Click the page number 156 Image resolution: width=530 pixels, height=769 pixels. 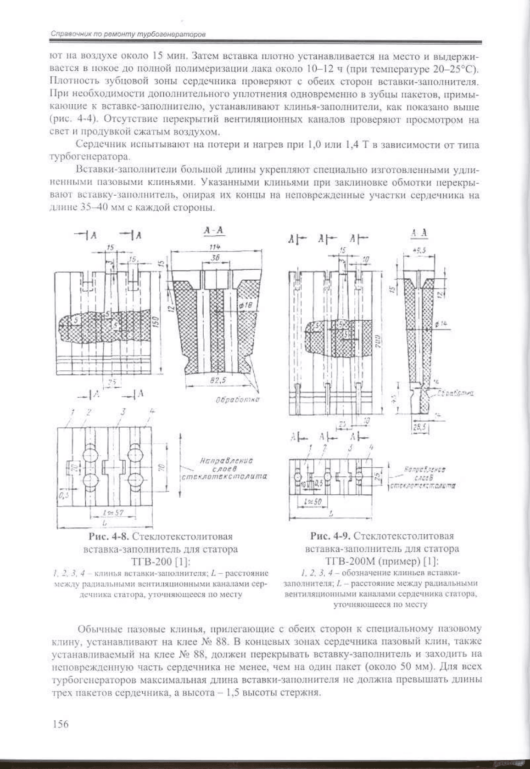pyautogui.click(x=61, y=724)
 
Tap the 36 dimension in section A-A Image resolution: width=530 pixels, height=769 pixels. pyautogui.click(x=214, y=258)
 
